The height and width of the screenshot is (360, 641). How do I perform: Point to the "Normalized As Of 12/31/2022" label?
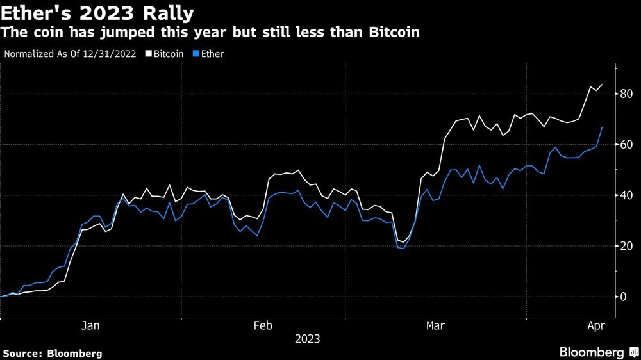[x=70, y=54]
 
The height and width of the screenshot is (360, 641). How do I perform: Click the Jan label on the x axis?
[x=90, y=326]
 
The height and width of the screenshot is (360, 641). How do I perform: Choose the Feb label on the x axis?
[x=264, y=326]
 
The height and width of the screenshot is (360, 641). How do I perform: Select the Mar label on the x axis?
[x=436, y=326]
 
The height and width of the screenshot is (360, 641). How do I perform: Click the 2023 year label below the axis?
[x=307, y=339]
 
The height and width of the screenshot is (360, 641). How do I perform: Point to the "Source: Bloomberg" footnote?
[x=53, y=353]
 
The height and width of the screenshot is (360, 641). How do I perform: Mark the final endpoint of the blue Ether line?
[x=601, y=127]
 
